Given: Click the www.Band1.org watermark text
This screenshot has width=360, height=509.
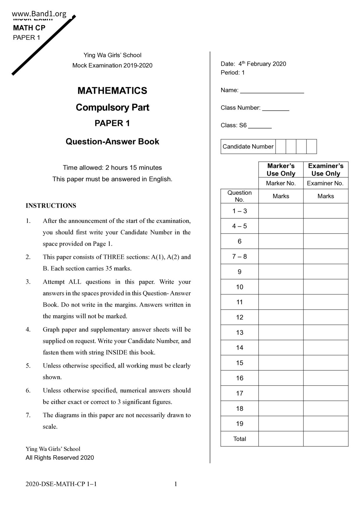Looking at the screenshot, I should pyautogui.click(x=39, y=14).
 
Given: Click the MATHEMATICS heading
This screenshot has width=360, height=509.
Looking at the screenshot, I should pyautogui.click(x=112, y=91).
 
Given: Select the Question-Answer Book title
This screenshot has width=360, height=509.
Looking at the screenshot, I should pyautogui.click(x=112, y=141).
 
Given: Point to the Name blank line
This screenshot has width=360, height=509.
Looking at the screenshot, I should pyautogui.click(x=272, y=91).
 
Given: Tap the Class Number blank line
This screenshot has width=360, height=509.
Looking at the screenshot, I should pyautogui.click(x=276, y=108).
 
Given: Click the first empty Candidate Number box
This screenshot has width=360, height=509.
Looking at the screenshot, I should pyautogui.click(x=280, y=147).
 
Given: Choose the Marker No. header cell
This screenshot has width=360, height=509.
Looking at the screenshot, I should pyautogui.click(x=281, y=183).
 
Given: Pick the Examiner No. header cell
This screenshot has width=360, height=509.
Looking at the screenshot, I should pyautogui.click(x=325, y=183).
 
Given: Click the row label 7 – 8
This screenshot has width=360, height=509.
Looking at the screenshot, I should pyautogui.click(x=240, y=257).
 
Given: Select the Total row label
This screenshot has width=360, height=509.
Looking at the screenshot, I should pyautogui.click(x=240, y=439).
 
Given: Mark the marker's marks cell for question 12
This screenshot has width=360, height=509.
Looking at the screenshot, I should pyautogui.click(x=281, y=317).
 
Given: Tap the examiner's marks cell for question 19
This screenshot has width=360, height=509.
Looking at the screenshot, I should pyautogui.click(x=325, y=424).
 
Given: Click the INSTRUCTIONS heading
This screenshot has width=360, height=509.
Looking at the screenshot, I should pyautogui.click(x=51, y=205).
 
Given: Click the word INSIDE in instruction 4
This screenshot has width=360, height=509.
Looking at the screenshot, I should pyautogui.click(x=116, y=352).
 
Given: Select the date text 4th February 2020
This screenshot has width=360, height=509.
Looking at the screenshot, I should pyautogui.click(x=262, y=64).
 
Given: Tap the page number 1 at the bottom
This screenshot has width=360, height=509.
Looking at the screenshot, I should pyautogui.click(x=176, y=484).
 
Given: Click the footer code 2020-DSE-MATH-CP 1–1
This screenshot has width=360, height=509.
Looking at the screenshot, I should pyautogui.click(x=61, y=484).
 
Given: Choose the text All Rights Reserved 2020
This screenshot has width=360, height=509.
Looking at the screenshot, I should pyautogui.click(x=60, y=458).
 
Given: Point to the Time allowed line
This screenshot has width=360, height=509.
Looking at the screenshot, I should pyautogui.click(x=112, y=167).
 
